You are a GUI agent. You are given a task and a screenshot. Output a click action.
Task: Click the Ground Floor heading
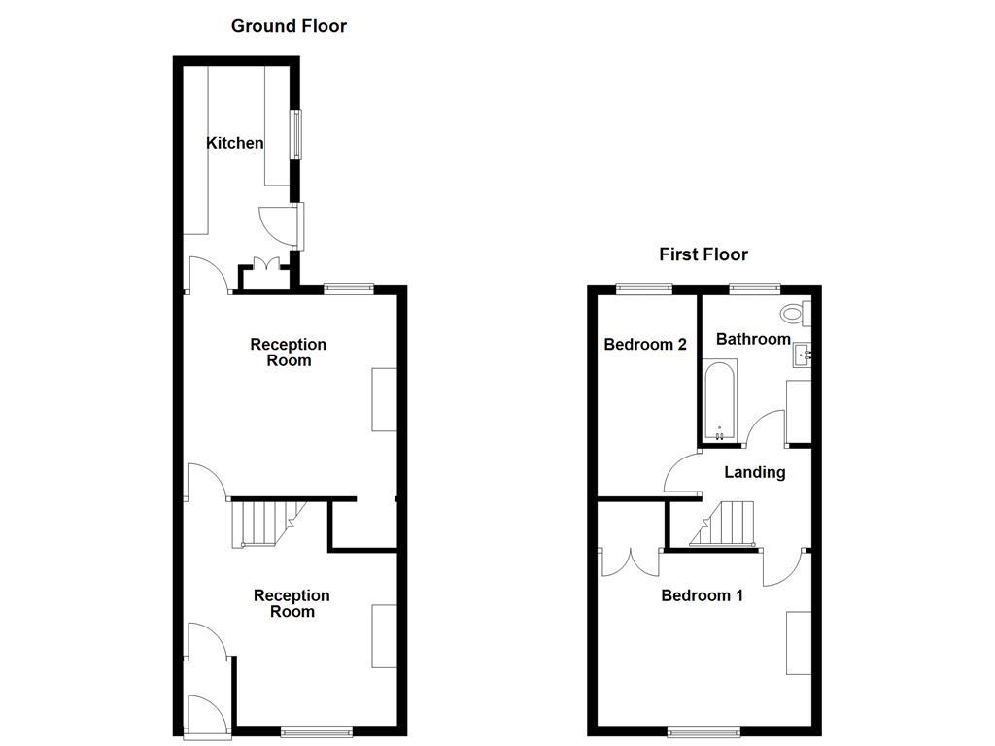point(289,26)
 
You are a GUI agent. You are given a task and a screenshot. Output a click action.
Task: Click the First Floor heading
point(703,254)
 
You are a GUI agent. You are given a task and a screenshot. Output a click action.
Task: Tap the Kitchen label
point(234,143)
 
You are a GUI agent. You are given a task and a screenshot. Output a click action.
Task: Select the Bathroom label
point(753,339)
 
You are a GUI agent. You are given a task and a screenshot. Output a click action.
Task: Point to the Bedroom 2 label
point(645,344)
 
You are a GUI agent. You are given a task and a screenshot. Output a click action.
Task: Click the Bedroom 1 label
point(702,595)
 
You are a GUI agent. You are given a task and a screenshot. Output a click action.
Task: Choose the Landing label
point(755,472)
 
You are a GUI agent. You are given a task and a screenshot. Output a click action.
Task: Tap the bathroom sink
point(803,356)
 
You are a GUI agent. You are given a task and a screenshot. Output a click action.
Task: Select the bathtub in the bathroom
point(719,400)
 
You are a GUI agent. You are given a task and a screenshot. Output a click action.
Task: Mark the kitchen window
point(296,135)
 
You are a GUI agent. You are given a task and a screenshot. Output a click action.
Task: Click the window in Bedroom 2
point(643,288)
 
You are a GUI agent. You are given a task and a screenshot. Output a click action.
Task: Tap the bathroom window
point(755,288)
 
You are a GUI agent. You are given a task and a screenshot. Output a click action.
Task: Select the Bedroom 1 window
point(697,730)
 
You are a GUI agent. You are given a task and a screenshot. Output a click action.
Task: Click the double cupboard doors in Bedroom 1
point(630,562)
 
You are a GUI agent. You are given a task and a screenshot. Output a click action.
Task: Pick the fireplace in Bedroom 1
point(799,642)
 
